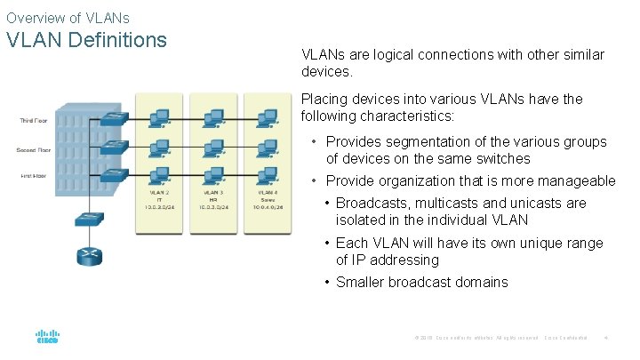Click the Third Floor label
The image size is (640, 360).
[33, 121]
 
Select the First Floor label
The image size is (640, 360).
[33, 176]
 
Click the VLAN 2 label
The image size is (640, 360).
[160, 192]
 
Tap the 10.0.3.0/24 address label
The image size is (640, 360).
[213, 207]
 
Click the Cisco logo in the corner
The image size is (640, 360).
[47, 338]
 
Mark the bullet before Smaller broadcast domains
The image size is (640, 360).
[328, 283]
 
